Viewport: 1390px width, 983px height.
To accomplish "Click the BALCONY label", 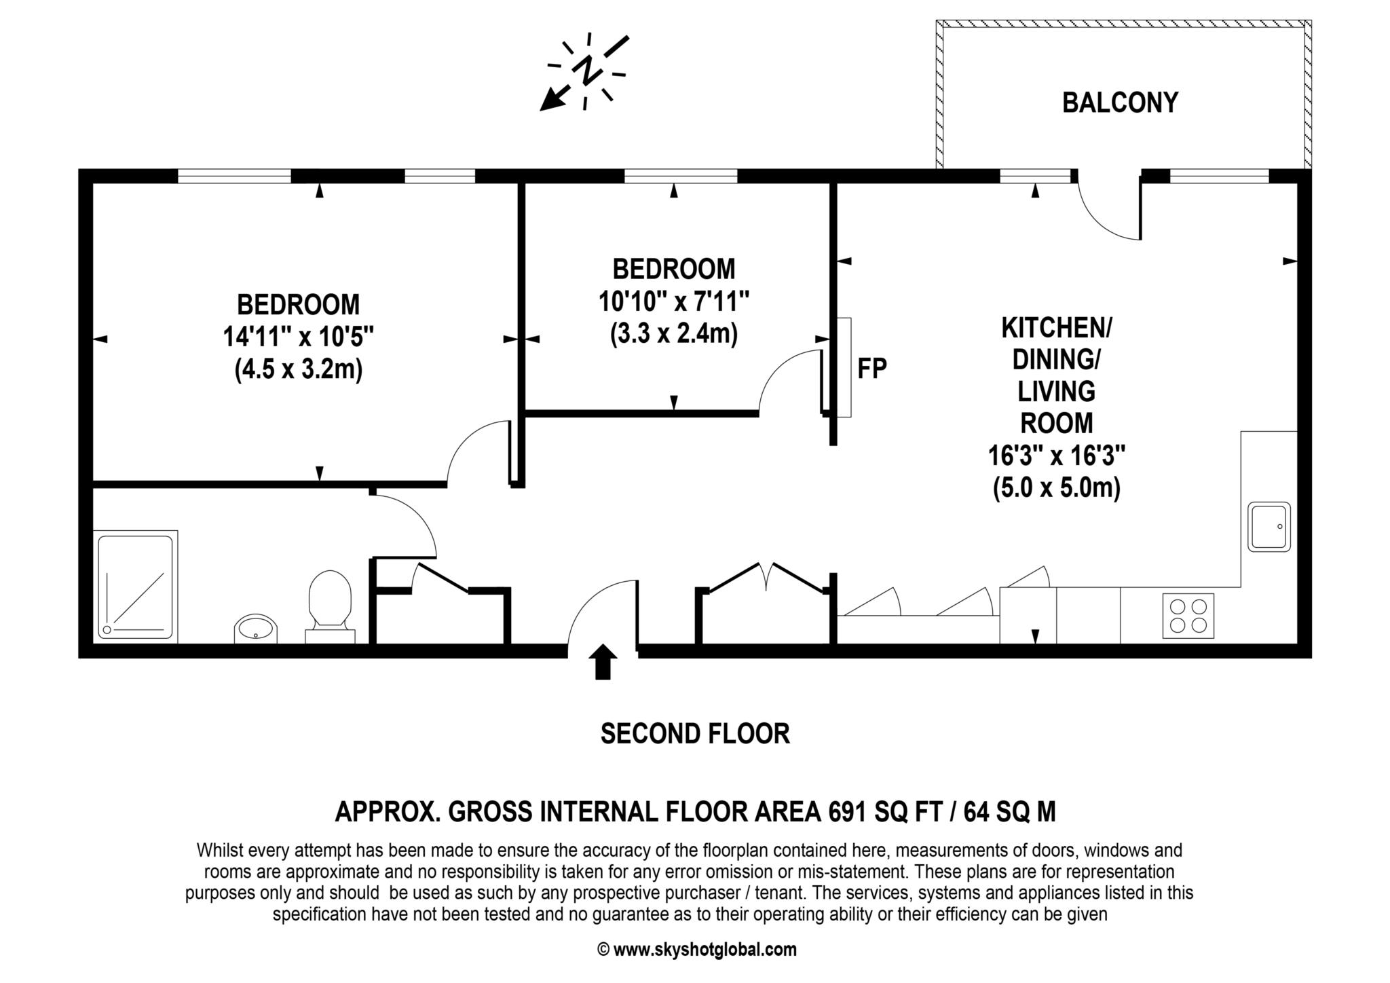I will pyautogui.click(x=1120, y=103).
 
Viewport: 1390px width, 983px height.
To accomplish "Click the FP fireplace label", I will pyautogui.click(x=872, y=368).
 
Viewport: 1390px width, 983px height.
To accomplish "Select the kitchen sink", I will pyautogui.click(x=1269, y=526).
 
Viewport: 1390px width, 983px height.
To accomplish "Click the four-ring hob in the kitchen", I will pyautogui.click(x=1188, y=615).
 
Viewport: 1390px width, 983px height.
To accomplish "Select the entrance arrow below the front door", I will pyautogui.click(x=602, y=661).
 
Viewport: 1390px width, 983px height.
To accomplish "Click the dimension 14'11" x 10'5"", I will pyautogui.click(x=299, y=336).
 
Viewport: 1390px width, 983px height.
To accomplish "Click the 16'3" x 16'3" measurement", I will pyautogui.click(x=1056, y=455).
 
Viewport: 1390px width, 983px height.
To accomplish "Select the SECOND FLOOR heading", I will pyautogui.click(x=695, y=734).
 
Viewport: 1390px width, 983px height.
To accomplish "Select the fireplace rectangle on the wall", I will pyautogui.click(x=844, y=367).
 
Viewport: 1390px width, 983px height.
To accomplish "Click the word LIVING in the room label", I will pyautogui.click(x=1056, y=392).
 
